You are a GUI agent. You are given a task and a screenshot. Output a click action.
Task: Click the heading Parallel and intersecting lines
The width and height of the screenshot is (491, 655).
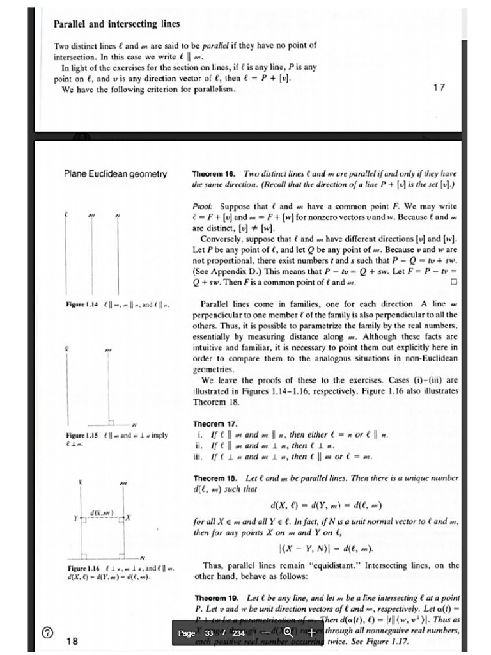(116, 24)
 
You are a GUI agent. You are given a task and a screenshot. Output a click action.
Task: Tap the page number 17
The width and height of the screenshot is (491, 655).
(439, 88)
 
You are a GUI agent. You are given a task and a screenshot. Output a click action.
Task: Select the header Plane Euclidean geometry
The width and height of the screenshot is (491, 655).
(115, 173)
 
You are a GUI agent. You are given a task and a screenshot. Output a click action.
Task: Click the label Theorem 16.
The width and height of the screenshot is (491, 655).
(214, 174)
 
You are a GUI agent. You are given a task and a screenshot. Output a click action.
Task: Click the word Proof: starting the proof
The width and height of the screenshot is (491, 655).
(203, 207)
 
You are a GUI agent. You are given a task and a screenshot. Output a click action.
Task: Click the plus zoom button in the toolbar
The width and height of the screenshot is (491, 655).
(312, 633)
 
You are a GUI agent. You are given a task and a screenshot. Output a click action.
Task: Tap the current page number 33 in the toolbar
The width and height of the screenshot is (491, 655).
(209, 633)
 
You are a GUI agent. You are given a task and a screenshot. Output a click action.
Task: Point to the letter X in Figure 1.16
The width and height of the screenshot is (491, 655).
(129, 517)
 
